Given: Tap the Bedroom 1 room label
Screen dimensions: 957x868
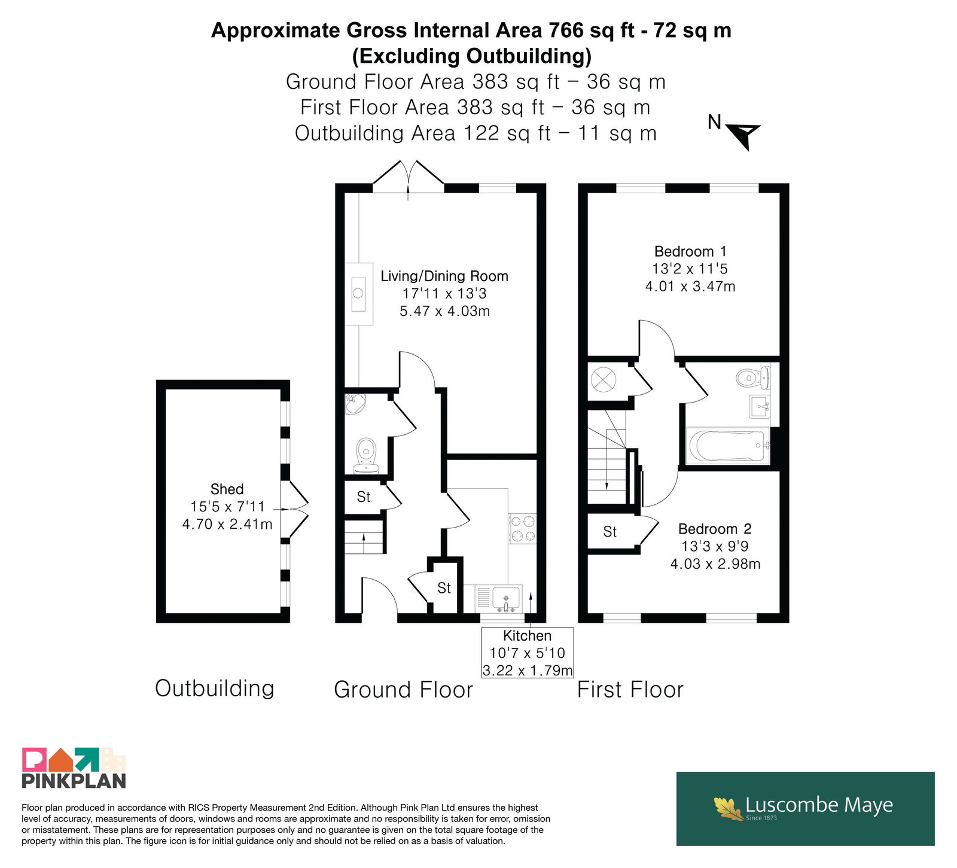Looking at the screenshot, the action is tap(690, 251).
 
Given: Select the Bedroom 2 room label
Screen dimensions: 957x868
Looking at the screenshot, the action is tap(715, 529).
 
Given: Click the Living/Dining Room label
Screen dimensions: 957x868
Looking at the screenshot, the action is tap(444, 276).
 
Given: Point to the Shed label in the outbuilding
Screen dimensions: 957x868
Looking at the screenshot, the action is tap(227, 489).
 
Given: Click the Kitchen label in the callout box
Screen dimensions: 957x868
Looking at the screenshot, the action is tap(527, 636).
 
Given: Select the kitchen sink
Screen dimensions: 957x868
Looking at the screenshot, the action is tap(506, 599).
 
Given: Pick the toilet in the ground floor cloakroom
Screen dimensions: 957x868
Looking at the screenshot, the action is tap(366, 456).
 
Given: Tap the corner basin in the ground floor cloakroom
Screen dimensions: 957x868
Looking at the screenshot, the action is tap(355, 404).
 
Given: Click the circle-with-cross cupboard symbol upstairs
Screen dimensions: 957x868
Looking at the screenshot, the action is tap(604, 379).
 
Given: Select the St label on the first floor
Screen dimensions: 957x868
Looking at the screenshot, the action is tap(609, 532).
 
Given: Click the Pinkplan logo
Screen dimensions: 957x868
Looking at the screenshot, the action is tap(74, 768).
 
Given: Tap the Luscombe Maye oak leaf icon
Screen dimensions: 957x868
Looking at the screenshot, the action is tap(729, 808).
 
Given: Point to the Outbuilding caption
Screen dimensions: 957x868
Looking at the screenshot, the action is tap(215, 689).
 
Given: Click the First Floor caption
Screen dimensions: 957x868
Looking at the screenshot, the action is tap(630, 690).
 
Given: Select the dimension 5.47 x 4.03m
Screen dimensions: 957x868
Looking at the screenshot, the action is tap(444, 311).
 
